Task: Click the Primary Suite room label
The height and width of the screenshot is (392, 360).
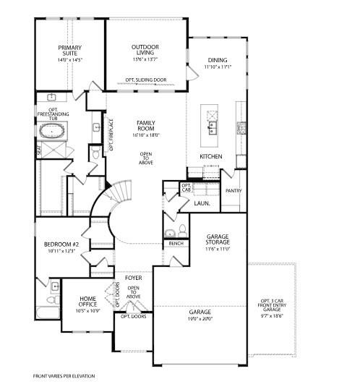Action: coord(70,51)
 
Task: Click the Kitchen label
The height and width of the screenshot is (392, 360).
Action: coord(210,157)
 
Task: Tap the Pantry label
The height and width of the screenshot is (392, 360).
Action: coord(233,191)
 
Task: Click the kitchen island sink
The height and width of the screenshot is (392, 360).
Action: coord(212,128)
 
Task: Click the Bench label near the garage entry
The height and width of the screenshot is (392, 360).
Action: coord(175,244)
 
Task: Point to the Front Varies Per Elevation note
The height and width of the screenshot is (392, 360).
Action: coord(64,376)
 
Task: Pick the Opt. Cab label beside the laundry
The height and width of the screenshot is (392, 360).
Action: coord(186,187)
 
